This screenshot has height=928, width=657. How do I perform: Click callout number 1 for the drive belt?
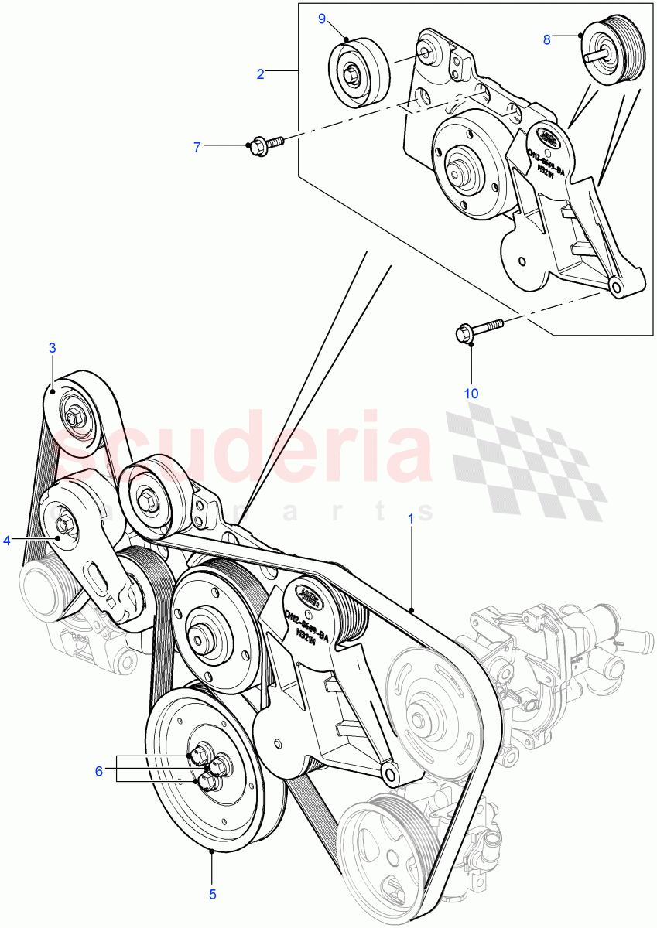(x=411, y=517)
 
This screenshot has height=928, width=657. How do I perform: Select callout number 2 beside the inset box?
(x=261, y=74)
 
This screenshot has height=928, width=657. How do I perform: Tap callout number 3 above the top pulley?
(x=53, y=348)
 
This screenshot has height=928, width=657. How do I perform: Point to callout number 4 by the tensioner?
(x=7, y=540)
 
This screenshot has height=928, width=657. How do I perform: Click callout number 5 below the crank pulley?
(x=212, y=895)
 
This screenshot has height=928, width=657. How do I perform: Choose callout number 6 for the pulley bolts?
(x=98, y=771)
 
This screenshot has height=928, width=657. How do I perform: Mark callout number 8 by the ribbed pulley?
(x=546, y=39)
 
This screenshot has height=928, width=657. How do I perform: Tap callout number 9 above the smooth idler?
(x=323, y=19)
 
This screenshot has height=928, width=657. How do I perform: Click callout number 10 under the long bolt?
(x=471, y=394)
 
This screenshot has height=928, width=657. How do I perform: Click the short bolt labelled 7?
(x=263, y=145)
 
